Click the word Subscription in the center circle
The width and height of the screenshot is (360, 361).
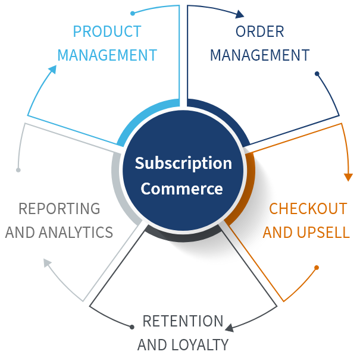[x=183, y=163]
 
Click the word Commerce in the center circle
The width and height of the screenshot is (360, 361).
[x=182, y=189]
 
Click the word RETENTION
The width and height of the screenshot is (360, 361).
[x=183, y=321]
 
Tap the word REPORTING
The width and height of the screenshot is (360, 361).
[x=59, y=209]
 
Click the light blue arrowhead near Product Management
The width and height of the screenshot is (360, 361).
[x=52, y=70]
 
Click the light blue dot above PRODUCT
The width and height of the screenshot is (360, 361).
[x=133, y=12]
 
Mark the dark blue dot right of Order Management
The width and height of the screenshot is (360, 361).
[x=317, y=74]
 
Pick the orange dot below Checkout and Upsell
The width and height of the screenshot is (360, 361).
[x=317, y=268]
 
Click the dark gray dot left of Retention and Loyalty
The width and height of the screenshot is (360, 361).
[x=132, y=327]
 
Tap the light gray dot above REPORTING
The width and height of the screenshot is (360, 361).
[x=18, y=170]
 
